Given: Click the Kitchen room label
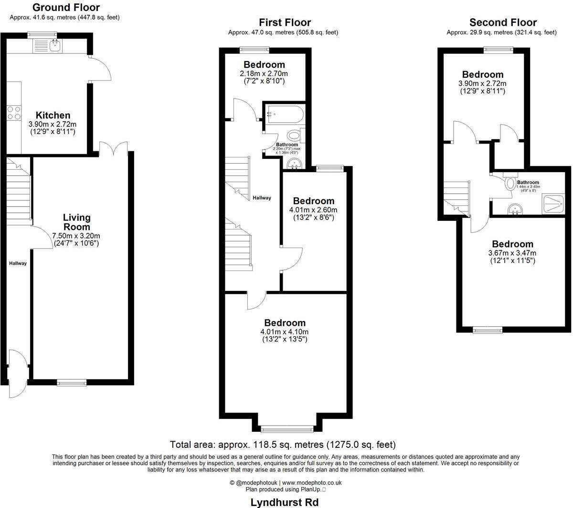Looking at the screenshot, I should (x=53, y=115).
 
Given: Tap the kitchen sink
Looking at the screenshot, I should (x=54, y=45).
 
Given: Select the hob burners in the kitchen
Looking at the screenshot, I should (x=13, y=113).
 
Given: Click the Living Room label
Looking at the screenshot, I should (x=76, y=222).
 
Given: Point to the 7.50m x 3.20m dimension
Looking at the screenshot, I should (x=76, y=236).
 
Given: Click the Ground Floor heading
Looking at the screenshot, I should (x=66, y=8).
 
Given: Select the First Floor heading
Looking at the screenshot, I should (x=285, y=22).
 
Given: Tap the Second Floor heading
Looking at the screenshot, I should (x=503, y=22).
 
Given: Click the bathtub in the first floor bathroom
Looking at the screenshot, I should (x=285, y=114).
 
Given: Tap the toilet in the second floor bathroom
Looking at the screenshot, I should (x=509, y=183).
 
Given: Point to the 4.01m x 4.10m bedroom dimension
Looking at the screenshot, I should (x=285, y=332).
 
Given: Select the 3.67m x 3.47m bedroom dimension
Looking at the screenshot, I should (x=513, y=253).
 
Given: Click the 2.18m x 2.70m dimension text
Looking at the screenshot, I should (x=264, y=74).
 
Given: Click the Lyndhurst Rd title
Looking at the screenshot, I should (x=285, y=502).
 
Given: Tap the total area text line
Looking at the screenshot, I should (x=283, y=445).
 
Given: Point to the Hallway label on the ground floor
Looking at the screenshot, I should (x=18, y=263).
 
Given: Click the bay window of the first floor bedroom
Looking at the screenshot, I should (x=287, y=428).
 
